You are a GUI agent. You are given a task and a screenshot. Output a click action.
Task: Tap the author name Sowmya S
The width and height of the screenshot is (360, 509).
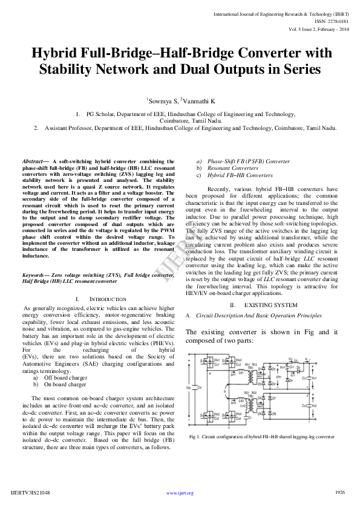[160, 102]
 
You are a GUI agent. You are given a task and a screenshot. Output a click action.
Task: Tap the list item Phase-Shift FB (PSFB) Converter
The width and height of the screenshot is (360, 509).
[240, 161]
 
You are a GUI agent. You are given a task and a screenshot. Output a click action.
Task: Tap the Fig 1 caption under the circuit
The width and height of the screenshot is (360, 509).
[261, 436]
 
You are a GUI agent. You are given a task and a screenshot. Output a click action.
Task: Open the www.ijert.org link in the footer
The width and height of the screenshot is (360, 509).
[180, 493]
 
